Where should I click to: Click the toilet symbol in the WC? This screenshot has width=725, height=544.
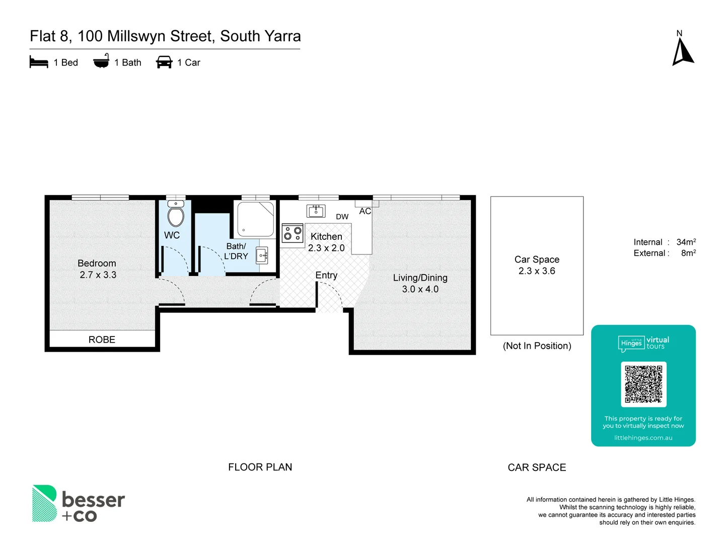tap(176, 215)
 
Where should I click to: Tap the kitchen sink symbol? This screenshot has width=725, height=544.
tap(316, 211)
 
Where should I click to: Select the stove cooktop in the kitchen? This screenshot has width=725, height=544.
tap(293, 233)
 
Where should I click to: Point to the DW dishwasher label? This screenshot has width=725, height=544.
tap(342, 217)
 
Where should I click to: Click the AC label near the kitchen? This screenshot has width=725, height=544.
tap(365, 212)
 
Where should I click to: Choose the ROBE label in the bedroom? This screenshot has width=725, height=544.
tap(102, 339)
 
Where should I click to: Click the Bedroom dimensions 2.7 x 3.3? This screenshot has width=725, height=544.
tap(98, 275)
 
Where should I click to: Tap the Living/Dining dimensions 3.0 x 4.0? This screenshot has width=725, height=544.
tap(420, 289)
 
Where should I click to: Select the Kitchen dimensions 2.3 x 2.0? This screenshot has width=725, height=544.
tap(326, 248)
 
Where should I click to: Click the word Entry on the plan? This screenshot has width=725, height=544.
tap(326, 275)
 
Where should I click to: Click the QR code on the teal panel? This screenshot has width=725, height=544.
tap(643, 384)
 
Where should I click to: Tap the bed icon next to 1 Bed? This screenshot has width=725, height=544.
tap(39, 62)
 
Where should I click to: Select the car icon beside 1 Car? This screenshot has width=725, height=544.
tap(164, 62)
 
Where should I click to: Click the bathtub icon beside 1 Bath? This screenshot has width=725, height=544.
tap(101, 61)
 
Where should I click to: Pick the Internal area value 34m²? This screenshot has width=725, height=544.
tap(686, 242)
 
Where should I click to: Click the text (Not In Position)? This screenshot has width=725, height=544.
tap(537, 346)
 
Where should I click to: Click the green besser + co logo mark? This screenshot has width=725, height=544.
tap(44, 503)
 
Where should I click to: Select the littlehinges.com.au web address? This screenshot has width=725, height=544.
tap(643, 438)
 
